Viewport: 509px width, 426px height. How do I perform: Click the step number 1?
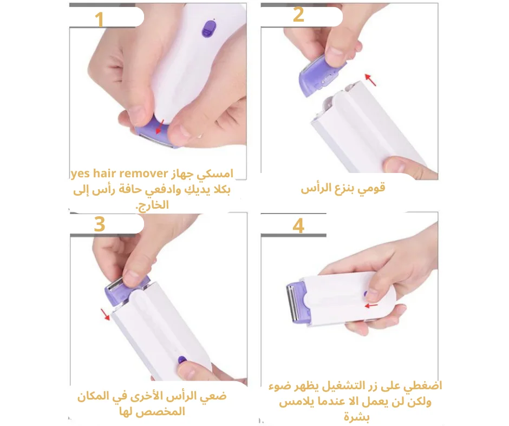[x=99, y=19]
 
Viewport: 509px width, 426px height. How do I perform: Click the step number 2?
[x=298, y=15]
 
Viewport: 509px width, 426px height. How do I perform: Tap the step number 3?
[x=99, y=224]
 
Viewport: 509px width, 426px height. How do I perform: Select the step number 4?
[x=298, y=225]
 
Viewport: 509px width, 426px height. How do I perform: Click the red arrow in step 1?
[x=159, y=127]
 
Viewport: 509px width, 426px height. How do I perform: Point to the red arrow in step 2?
[x=370, y=80]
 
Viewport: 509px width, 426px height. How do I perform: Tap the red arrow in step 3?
[x=105, y=315]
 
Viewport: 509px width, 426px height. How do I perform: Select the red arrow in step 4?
[x=371, y=305]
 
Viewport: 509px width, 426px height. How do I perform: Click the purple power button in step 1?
[x=208, y=29]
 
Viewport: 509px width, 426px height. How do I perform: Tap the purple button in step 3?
[x=182, y=360]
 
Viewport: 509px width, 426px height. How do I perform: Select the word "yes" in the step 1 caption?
[x=80, y=174]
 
